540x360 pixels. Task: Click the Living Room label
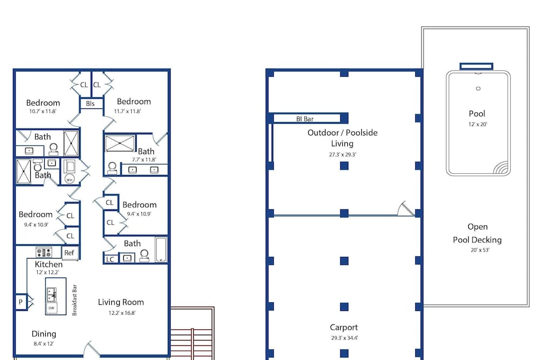click(121, 302)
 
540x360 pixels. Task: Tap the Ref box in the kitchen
click(70, 253)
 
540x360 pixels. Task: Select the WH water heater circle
click(70, 179)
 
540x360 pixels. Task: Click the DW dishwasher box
click(51, 308)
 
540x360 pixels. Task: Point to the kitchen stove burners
click(44, 252)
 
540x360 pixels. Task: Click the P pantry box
click(21, 302)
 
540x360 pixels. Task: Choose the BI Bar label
click(305, 119)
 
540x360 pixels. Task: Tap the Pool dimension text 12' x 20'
click(478, 124)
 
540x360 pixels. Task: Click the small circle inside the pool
click(478, 89)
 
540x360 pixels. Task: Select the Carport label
click(343, 327)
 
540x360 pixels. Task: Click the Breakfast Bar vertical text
click(75, 300)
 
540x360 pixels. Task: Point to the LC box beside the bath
click(111, 259)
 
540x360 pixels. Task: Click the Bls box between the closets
click(91, 104)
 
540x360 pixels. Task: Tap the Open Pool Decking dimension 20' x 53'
click(480, 250)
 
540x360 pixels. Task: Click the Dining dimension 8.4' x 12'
click(44, 343)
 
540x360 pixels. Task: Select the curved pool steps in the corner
click(501, 167)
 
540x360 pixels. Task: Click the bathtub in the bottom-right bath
click(161, 249)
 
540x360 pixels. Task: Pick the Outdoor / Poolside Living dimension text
click(342, 154)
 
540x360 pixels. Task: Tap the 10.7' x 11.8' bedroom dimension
click(43, 111)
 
